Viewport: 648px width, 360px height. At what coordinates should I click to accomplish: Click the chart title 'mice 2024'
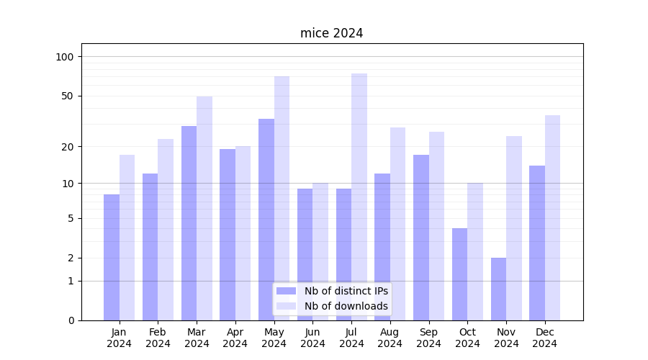click(x=331, y=33)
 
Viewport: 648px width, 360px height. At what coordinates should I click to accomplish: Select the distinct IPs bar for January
click(x=112, y=257)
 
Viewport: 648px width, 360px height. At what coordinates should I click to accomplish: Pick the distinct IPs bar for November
click(x=498, y=289)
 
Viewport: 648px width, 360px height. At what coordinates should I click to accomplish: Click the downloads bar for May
click(x=282, y=198)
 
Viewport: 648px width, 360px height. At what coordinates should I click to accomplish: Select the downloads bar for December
click(x=552, y=217)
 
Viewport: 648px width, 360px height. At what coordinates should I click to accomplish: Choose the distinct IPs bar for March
click(x=189, y=223)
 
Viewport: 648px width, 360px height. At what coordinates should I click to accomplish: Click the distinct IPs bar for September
click(x=421, y=238)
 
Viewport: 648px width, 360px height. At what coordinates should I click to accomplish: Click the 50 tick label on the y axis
click(x=68, y=96)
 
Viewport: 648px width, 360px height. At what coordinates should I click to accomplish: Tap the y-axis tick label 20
click(x=68, y=147)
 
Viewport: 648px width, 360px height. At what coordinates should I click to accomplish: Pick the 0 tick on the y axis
click(x=71, y=320)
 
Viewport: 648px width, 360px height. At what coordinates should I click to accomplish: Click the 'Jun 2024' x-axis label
click(x=312, y=338)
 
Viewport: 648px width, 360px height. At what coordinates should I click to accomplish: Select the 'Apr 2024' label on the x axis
click(x=235, y=338)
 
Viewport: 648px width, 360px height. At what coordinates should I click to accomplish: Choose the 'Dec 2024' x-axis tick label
click(x=545, y=338)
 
